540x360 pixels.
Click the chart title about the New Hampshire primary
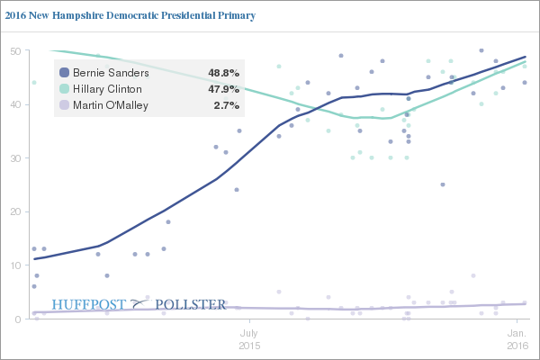(x=131, y=15)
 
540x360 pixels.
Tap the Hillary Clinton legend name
(x=107, y=89)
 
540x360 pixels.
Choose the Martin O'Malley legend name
(x=111, y=106)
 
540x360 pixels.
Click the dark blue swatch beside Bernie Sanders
(x=64, y=72)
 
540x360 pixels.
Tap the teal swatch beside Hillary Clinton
(x=64, y=89)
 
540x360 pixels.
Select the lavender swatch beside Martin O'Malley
(x=64, y=106)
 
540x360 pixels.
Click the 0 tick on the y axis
(x=17, y=319)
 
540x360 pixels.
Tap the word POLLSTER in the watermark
(x=191, y=304)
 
